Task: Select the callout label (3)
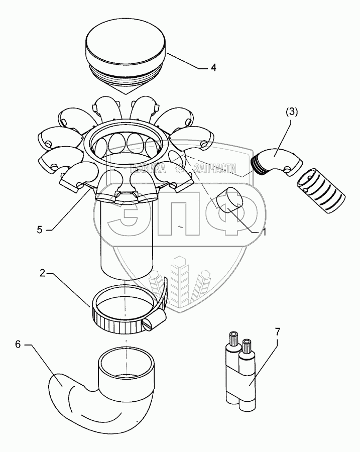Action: [292, 112]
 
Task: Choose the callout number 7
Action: [277, 331]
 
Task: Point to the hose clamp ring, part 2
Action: [123, 311]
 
